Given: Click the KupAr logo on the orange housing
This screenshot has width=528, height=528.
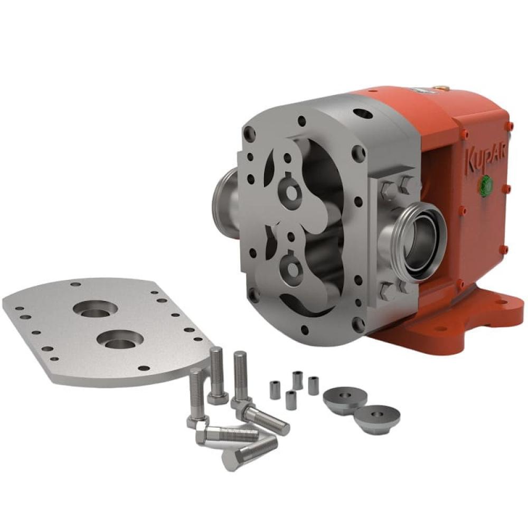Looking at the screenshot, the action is pos(485,159).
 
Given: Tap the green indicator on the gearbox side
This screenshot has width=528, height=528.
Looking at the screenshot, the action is pos(486,184).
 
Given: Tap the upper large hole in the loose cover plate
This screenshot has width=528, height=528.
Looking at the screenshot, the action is pos(95,308).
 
